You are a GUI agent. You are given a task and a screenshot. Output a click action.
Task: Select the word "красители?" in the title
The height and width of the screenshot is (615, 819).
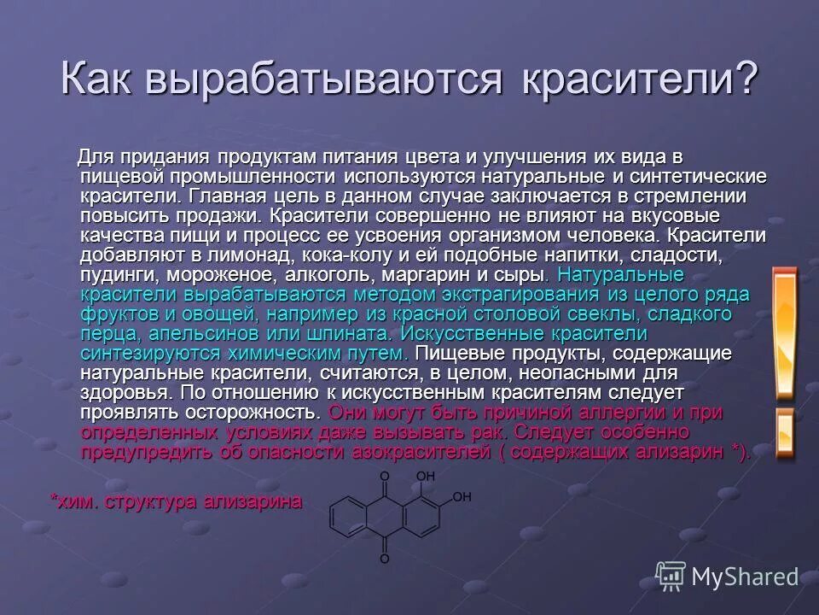[638, 80]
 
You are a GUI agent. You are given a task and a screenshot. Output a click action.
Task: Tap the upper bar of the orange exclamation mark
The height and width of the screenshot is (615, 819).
[784, 333]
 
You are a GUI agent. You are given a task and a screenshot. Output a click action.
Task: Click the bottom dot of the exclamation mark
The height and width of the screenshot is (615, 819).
[784, 436]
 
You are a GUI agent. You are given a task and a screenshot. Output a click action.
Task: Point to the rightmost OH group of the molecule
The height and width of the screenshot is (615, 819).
[462, 496]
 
